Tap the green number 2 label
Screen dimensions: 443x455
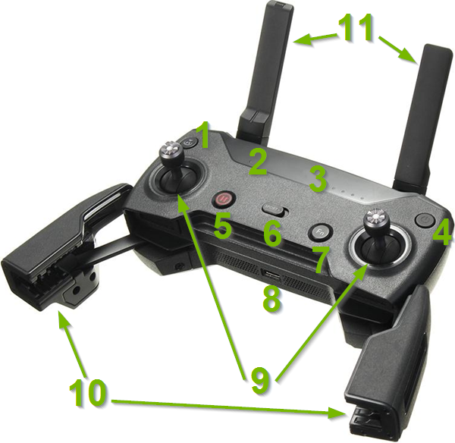point(258,162)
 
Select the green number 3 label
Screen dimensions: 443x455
point(318,179)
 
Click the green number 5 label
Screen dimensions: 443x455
point(222,227)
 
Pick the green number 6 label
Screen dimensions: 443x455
point(272,234)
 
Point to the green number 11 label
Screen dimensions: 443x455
point(356,30)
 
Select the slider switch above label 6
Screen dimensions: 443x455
point(272,209)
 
